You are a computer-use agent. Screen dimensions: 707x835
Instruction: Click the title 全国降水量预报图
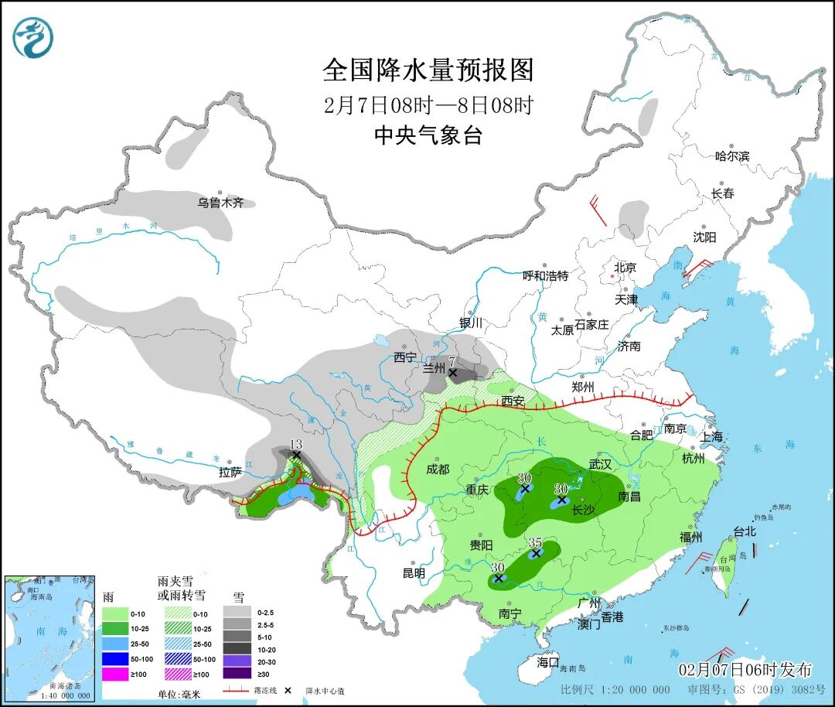point(428,70)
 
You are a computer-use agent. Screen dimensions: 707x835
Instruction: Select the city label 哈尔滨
point(731,156)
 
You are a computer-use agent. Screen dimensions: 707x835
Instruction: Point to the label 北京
point(625,268)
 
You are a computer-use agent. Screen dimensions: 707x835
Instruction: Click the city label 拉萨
point(230,472)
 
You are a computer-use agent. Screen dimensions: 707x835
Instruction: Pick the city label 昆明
point(414,573)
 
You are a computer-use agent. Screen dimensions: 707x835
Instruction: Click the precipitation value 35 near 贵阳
point(535,542)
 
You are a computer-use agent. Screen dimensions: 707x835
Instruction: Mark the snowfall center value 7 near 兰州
point(452,360)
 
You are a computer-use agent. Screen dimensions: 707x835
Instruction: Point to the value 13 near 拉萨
point(295,443)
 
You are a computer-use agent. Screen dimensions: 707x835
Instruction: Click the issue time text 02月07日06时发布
point(745,670)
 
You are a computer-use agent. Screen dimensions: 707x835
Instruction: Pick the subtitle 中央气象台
point(428,136)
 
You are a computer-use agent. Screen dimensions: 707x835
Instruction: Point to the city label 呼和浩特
point(545,276)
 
